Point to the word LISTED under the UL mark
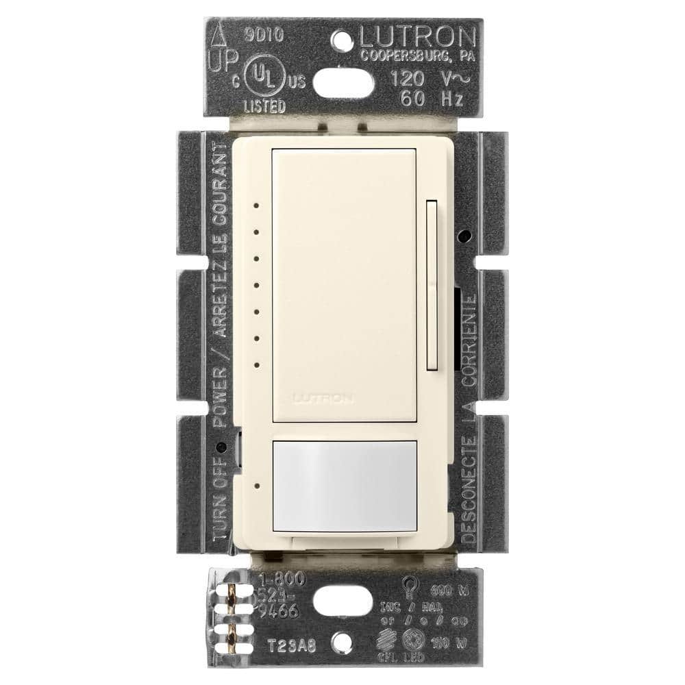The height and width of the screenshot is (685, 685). click(266, 107)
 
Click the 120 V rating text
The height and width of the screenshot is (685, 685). click(425, 77)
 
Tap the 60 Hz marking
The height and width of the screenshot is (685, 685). click(430, 99)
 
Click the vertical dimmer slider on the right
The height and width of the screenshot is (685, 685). click(431, 284)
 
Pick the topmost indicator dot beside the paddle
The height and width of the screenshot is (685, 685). click(255, 204)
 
